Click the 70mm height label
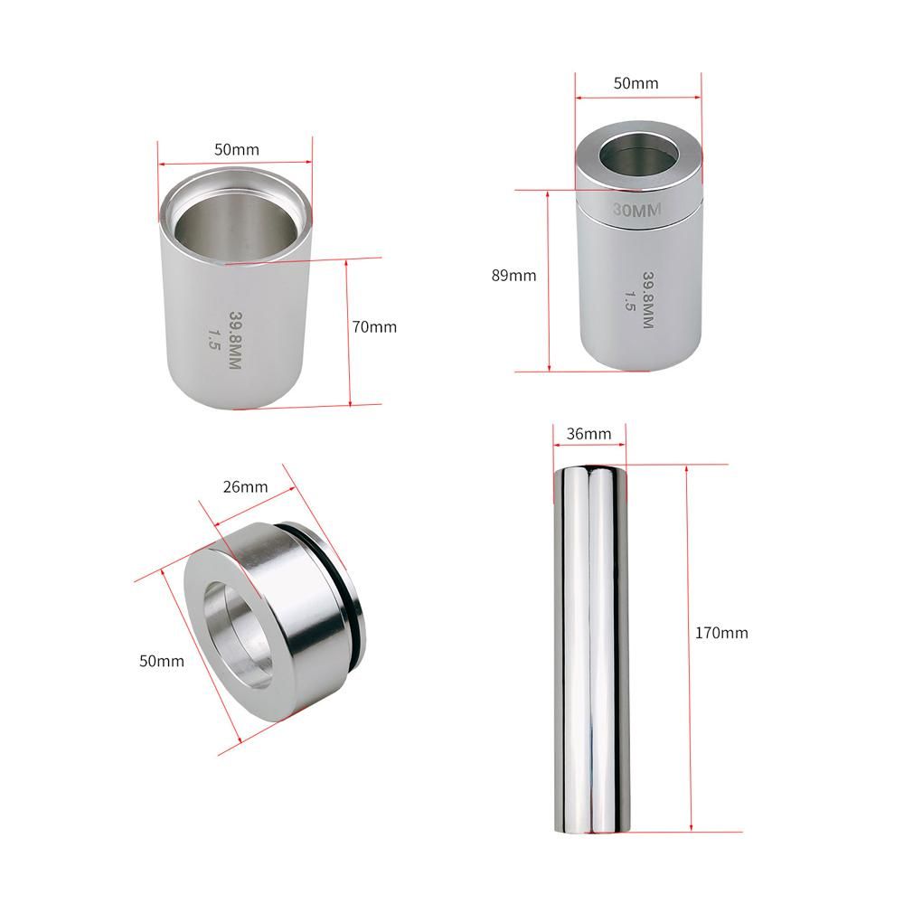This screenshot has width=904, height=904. click(x=374, y=327)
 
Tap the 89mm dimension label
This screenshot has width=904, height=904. click(x=513, y=276)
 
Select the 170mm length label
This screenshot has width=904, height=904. click(x=721, y=633)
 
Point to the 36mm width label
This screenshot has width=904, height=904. click(x=589, y=434)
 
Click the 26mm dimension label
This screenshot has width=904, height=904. click(x=245, y=486)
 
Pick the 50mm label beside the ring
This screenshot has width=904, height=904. click(x=162, y=661)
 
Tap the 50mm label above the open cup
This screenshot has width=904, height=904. click(x=236, y=149)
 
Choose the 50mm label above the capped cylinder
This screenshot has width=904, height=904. click(x=636, y=83)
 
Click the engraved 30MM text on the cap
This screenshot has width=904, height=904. click(x=636, y=210)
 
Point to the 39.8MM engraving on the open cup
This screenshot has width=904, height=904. click(x=236, y=340)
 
